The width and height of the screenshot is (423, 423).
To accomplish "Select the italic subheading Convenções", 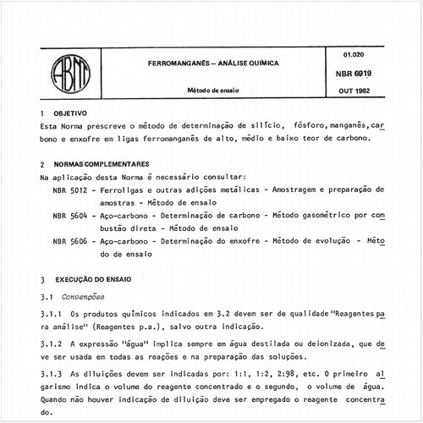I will [x=82, y=298].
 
